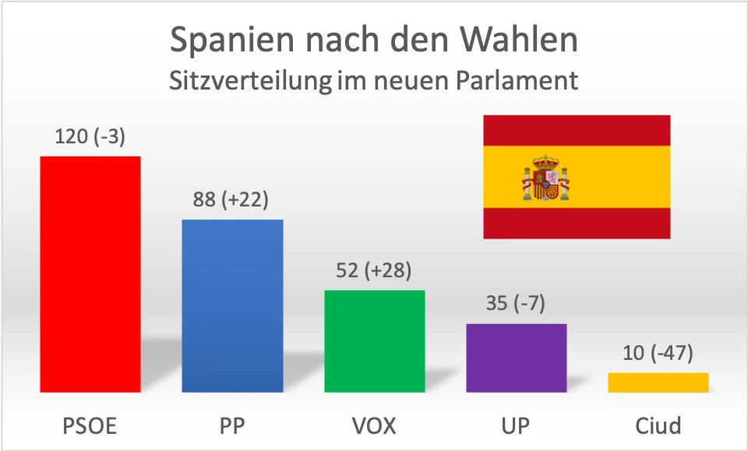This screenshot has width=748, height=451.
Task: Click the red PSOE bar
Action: (90, 274)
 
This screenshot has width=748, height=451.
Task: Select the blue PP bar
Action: (232, 305)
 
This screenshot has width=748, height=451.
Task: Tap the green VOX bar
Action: (374, 341)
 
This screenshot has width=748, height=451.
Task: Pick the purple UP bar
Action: (516, 358)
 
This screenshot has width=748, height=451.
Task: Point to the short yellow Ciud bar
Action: (658, 382)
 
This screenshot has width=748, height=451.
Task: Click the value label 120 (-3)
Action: (90, 137)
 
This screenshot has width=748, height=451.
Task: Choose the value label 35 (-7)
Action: (516, 304)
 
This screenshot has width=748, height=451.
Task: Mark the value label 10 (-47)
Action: (658, 354)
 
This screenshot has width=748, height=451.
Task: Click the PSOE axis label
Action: (90, 426)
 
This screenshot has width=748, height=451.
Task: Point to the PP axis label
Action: (232, 426)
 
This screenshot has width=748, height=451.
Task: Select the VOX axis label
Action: (374, 426)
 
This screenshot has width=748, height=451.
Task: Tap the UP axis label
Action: (516, 426)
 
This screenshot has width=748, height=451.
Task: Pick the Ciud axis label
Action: (658, 426)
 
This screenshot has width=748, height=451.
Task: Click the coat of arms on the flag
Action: (545, 177)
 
